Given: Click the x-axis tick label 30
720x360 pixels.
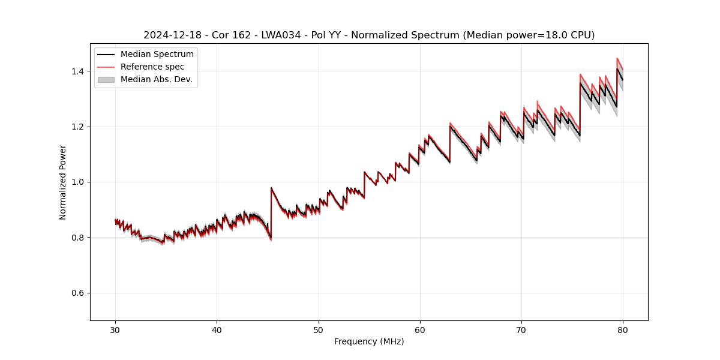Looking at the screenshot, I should [x=115, y=329].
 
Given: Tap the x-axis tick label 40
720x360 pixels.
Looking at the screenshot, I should [x=217, y=329].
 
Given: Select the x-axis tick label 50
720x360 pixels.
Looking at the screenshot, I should [x=319, y=329].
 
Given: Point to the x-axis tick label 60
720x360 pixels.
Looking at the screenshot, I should [x=420, y=329].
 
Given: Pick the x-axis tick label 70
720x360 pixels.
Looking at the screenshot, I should [x=521, y=329].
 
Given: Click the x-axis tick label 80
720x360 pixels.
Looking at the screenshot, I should [x=623, y=329].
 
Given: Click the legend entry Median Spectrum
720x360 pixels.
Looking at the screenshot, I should [x=157, y=55].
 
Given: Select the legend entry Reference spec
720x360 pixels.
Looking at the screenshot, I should [x=152, y=67].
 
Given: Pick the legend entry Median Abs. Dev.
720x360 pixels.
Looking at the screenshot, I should [x=156, y=79].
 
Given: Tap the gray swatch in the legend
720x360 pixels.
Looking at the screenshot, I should [x=106, y=79].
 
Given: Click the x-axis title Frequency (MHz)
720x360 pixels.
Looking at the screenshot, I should [x=369, y=341].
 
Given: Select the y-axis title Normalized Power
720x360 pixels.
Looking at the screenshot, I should [x=63, y=182].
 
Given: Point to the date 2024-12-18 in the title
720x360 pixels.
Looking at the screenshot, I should [x=169, y=35].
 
